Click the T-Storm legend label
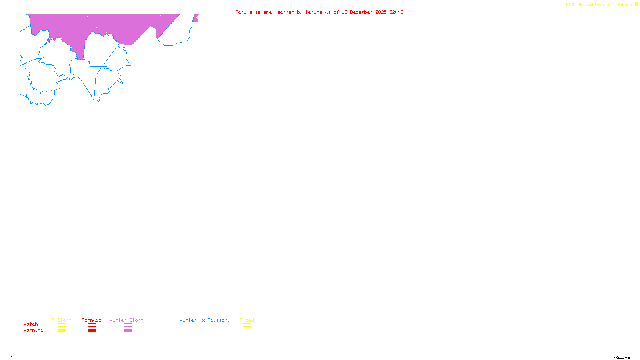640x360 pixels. coord(62,320)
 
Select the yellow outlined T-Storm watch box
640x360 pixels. coord(62,325)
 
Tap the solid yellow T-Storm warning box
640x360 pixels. coord(62,331)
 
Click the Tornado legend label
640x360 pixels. coord(92,320)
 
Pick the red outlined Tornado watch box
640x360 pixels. coord(92,325)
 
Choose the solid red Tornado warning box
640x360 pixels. coord(92,331)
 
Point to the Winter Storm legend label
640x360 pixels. coord(126,320)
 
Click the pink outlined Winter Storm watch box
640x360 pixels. coord(128,325)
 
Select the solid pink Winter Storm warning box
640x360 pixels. coord(128,331)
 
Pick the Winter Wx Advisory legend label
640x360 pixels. coord(205,320)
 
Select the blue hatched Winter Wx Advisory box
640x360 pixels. coord(204,331)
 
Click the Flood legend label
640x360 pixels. coord(247,320)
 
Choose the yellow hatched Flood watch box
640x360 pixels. coord(247,325)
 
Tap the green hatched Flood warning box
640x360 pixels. coord(247,331)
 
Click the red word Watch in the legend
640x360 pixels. coord(31,324)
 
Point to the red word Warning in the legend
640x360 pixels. coord(34,330)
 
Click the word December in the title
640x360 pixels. coord(361,12)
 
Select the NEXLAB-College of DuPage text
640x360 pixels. coord(599,5)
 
